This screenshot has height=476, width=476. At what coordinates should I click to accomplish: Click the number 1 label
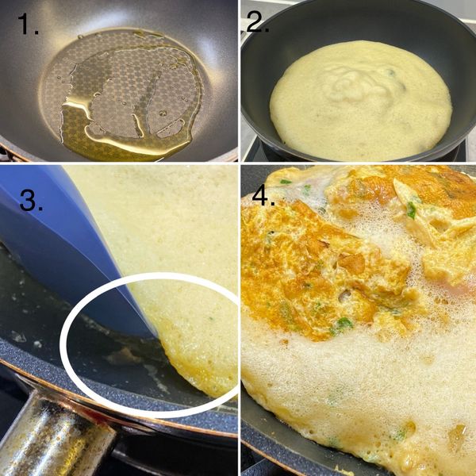[x=29, y=27]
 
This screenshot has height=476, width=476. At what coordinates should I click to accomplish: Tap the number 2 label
[x=259, y=21]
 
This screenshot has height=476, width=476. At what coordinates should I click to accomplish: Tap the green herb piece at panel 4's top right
[x=411, y=209]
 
